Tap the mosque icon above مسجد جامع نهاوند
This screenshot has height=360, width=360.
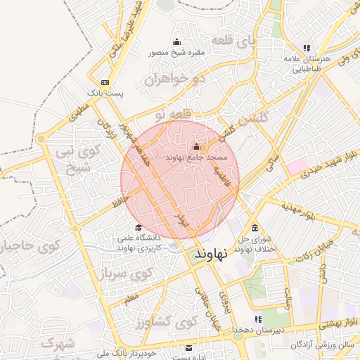tap(195, 147)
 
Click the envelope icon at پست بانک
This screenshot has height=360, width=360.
tap(105, 82)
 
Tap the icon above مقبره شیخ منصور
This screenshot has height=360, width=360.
tap(176, 41)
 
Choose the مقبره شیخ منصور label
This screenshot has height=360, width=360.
tap(176, 53)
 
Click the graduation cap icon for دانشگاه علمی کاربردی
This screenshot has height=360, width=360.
tap(138, 228)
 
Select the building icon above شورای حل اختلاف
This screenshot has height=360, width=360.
tap(254, 229)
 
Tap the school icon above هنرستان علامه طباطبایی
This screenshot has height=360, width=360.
tap(306, 49)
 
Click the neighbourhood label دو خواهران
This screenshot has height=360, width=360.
tap(174, 79)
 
